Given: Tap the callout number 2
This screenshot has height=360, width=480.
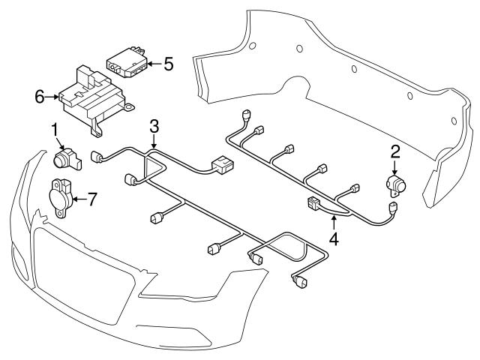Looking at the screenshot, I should click(x=394, y=152).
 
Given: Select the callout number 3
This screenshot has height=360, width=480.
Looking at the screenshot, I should click(x=154, y=125).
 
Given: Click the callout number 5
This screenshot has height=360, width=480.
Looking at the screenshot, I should click(x=168, y=64).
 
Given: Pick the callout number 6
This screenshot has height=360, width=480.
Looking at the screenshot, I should click(x=39, y=96).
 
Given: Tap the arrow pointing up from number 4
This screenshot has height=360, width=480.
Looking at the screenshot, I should click(x=333, y=221).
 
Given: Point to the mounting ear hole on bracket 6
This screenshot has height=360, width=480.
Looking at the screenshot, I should click(x=130, y=107).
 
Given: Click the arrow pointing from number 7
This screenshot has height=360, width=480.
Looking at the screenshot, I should click(x=79, y=199).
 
